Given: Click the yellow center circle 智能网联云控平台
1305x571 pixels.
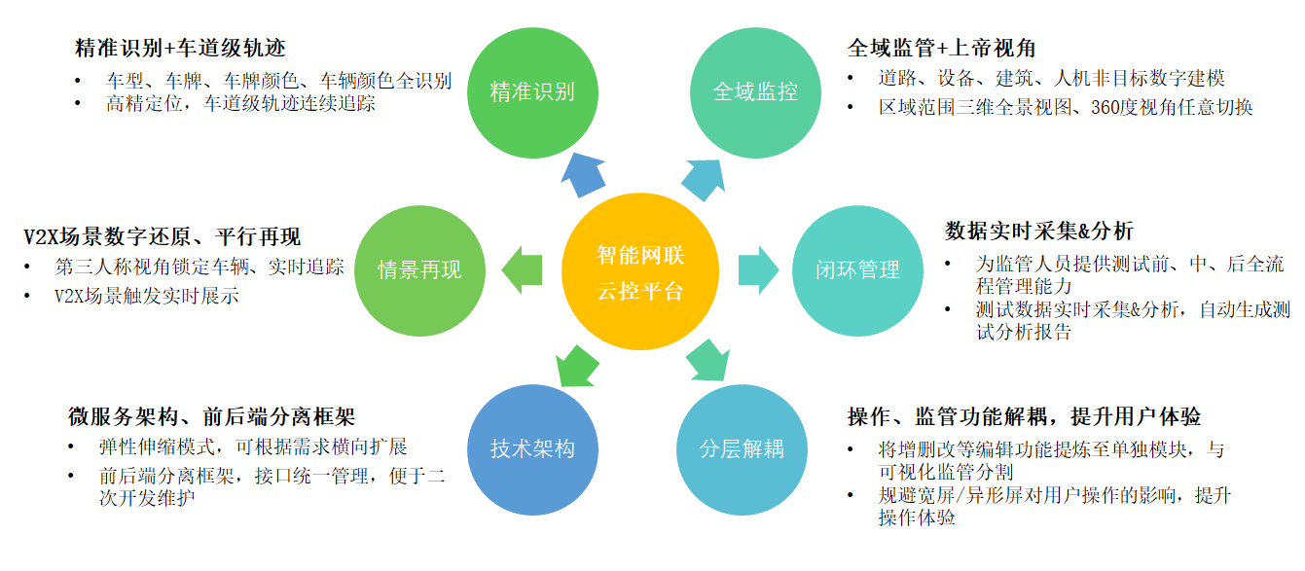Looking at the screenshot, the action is (x=639, y=271).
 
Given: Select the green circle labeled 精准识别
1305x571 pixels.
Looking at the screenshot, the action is (x=532, y=92).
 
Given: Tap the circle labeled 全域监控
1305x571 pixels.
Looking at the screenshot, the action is (x=755, y=92).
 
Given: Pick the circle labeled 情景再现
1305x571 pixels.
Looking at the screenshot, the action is (x=419, y=270).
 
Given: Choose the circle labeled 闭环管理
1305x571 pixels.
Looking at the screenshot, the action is (x=857, y=270).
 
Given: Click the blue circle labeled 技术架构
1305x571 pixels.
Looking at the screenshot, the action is (x=532, y=449).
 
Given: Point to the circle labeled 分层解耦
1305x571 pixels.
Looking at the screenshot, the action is (x=742, y=449).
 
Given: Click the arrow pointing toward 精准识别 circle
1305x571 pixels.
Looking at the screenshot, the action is (x=583, y=175).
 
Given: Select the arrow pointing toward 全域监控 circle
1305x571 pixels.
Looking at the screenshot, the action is (x=704, y=179).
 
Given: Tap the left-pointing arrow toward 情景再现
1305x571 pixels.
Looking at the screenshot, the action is (x=522, y=270).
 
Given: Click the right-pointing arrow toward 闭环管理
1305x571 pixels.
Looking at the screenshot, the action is (x=758, y=270).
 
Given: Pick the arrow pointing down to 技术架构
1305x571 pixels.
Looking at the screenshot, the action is (x=576, y=366).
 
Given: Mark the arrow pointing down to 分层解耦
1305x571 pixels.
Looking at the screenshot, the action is (x=707, y=360).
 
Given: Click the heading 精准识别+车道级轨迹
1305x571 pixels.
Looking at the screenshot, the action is (x=180, y=48).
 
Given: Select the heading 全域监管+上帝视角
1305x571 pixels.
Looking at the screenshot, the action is (x=941, y=48).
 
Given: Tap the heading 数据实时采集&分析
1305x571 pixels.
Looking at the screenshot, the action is (x=1038, y=232).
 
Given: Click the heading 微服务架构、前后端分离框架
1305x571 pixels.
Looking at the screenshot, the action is (x=211, y=416).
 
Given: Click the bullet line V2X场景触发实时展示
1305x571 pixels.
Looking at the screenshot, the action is (x=146, y=296).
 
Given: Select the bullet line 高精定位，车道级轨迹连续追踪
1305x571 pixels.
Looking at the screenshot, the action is (x=240, y=104).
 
